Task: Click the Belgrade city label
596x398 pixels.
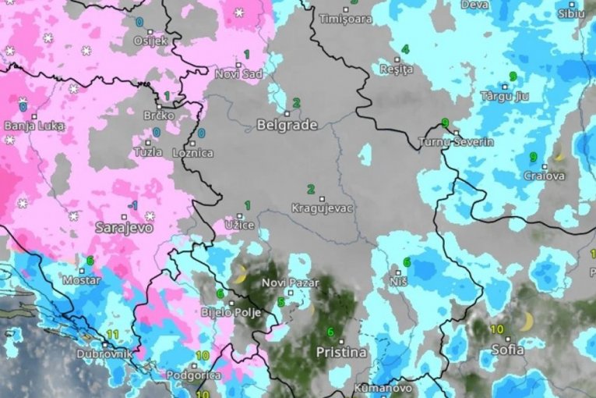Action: click(x=287, y=125)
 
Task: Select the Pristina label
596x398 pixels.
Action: click(x=340, y=352)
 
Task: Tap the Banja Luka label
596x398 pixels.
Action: click(x=34, y=125)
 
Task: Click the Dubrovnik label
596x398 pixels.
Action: click(x=104, y=354)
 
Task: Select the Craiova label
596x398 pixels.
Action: click(x=544, y=176)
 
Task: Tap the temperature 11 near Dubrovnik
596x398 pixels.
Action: click(x=113, y=334)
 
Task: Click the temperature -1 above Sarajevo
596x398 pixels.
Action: click(x=132, y=204)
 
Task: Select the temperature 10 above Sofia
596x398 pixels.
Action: click(x=496, y=329)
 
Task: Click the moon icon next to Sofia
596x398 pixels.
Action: click(x=527, y=321)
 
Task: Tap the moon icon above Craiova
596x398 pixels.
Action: click(x=559, y=152)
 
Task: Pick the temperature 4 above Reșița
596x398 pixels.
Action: click(x=405, y=49)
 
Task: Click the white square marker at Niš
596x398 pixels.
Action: click(x=397, y=273)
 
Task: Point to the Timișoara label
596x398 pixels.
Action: click(x=347, y=17)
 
